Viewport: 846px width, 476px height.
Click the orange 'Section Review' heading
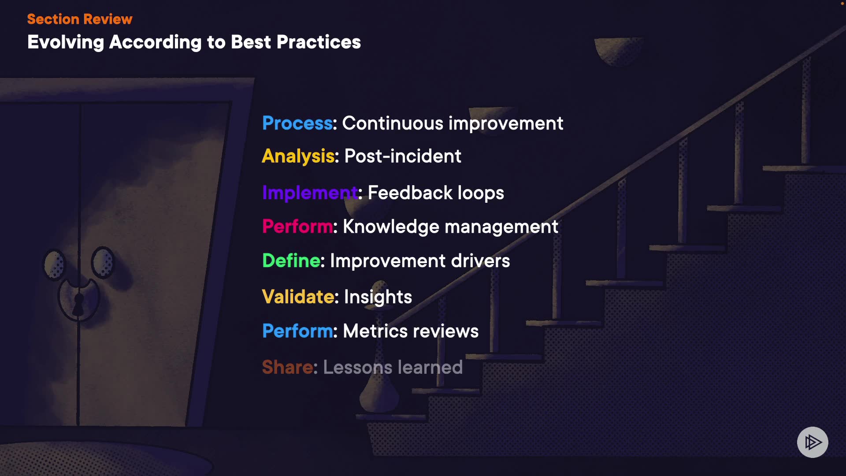[x=80, y=19]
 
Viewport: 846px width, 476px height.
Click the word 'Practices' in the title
[x=319, y=42]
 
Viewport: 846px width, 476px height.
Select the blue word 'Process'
[x=297, y=123]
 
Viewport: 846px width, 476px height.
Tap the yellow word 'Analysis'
[x=298, y=156]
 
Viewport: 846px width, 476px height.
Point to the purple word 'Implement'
[x=310, y=193]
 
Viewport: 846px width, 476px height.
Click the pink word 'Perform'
[x=297, y=227]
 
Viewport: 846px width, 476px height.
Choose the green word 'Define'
[x=291, y=260]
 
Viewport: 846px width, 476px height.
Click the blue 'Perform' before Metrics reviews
[x=297, y=331]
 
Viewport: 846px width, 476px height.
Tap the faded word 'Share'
[x=287, y=367]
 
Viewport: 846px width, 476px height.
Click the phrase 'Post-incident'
[x=403, y=156]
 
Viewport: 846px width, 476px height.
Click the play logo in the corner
[x=813, y=442]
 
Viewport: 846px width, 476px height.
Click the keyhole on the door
[x=78, y=304]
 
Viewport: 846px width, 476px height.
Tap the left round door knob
[x=54, y=264]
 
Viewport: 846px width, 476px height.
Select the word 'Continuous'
[x=393, y=123]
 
